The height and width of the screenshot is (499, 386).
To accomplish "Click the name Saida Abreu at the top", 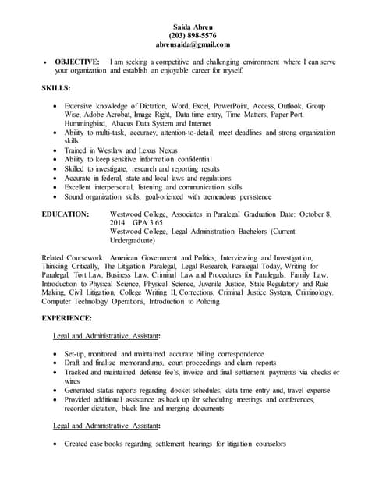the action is pos(193,26).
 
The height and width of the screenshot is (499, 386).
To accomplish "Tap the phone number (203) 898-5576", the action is pos(193,36).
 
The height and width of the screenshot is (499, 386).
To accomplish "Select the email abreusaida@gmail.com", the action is pos(193,46).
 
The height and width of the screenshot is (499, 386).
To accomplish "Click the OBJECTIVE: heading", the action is pos(76,61).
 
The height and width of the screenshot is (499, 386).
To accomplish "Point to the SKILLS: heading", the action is pos(56,88).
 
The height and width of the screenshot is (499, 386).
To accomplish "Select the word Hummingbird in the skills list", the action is pos(84,124).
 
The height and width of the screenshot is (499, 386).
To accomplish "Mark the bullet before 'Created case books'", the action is pos(55,444).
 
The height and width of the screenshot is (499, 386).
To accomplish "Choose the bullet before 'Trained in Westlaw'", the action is pos(55,150).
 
